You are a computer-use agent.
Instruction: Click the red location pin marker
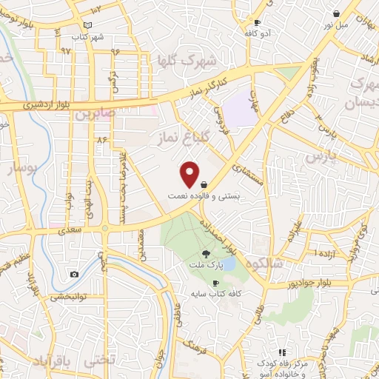coord(190,174)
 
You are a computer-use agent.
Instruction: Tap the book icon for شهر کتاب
coord(89,25)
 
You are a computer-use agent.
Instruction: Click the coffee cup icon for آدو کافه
coord(257,23)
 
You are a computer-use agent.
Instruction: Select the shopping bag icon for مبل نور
coord(337,13)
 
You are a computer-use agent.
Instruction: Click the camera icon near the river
coord(74,275)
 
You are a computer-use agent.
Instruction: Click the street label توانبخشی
coord(68,297)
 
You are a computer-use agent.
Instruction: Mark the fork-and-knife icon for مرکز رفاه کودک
coord(281,352)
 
